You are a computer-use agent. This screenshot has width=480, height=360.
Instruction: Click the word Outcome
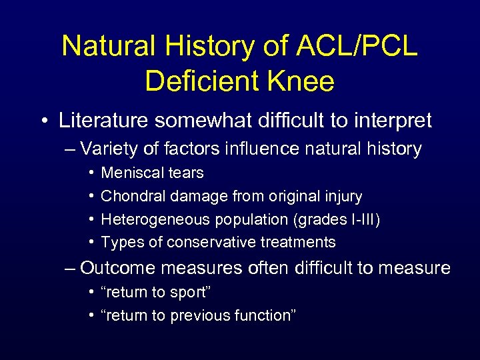(119, 268)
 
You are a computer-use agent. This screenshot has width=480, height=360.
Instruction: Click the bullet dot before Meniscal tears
(89, 173)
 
